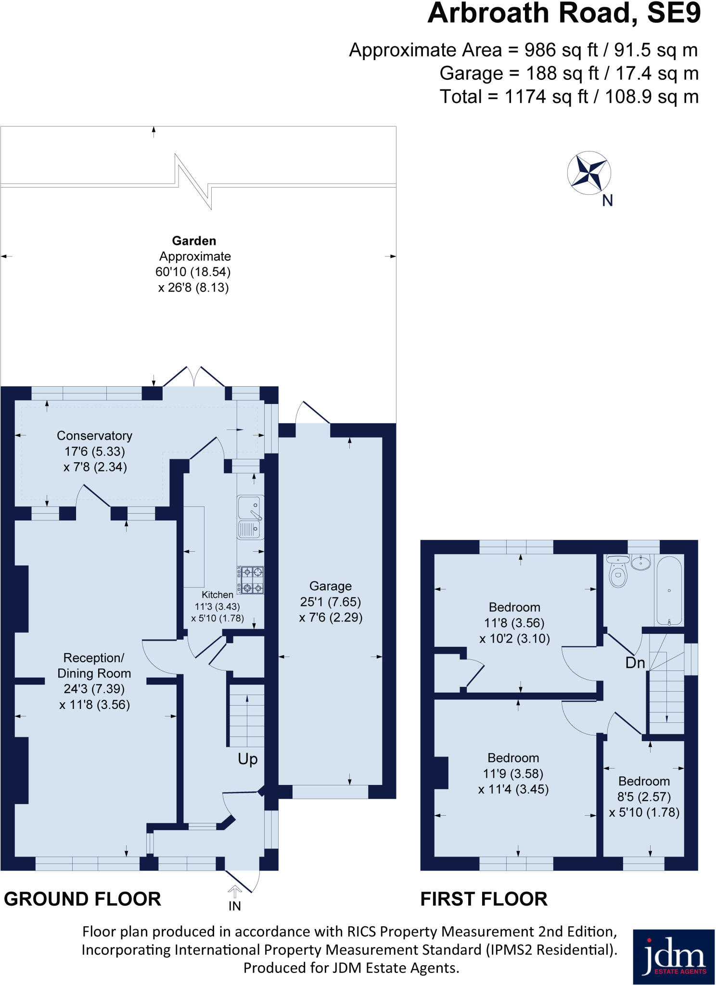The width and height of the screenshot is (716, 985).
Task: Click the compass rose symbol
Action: [x=589, y=173]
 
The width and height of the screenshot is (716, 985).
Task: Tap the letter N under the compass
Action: [x=607, y=201]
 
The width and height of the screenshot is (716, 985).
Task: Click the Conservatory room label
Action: [x=94, y=436]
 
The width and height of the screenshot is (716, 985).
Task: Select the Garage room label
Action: [x=330, y=586]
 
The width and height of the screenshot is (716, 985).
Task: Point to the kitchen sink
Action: [x=250, y=517]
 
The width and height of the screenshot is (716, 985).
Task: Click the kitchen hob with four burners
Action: [x=250, y=580]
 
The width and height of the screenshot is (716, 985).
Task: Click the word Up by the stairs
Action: [x=247, y=759]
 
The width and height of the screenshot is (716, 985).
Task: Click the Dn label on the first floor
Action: [x=635, y=663]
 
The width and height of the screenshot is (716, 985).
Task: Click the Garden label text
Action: [x=194, y=240]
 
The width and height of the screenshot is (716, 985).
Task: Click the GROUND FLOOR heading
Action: [x=82, y=899]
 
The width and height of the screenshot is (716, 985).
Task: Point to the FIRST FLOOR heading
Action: [x=484, y=899]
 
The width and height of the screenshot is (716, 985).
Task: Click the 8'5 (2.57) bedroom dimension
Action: [x=644, y=797]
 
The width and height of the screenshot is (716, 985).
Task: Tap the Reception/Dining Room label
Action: [x=94, y=666]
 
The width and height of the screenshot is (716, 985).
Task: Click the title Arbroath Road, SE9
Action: [x=564, y=13]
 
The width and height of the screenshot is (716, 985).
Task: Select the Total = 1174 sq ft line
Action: [x=569, y=97]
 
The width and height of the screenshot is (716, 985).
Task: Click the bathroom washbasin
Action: [x=640, y=562]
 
